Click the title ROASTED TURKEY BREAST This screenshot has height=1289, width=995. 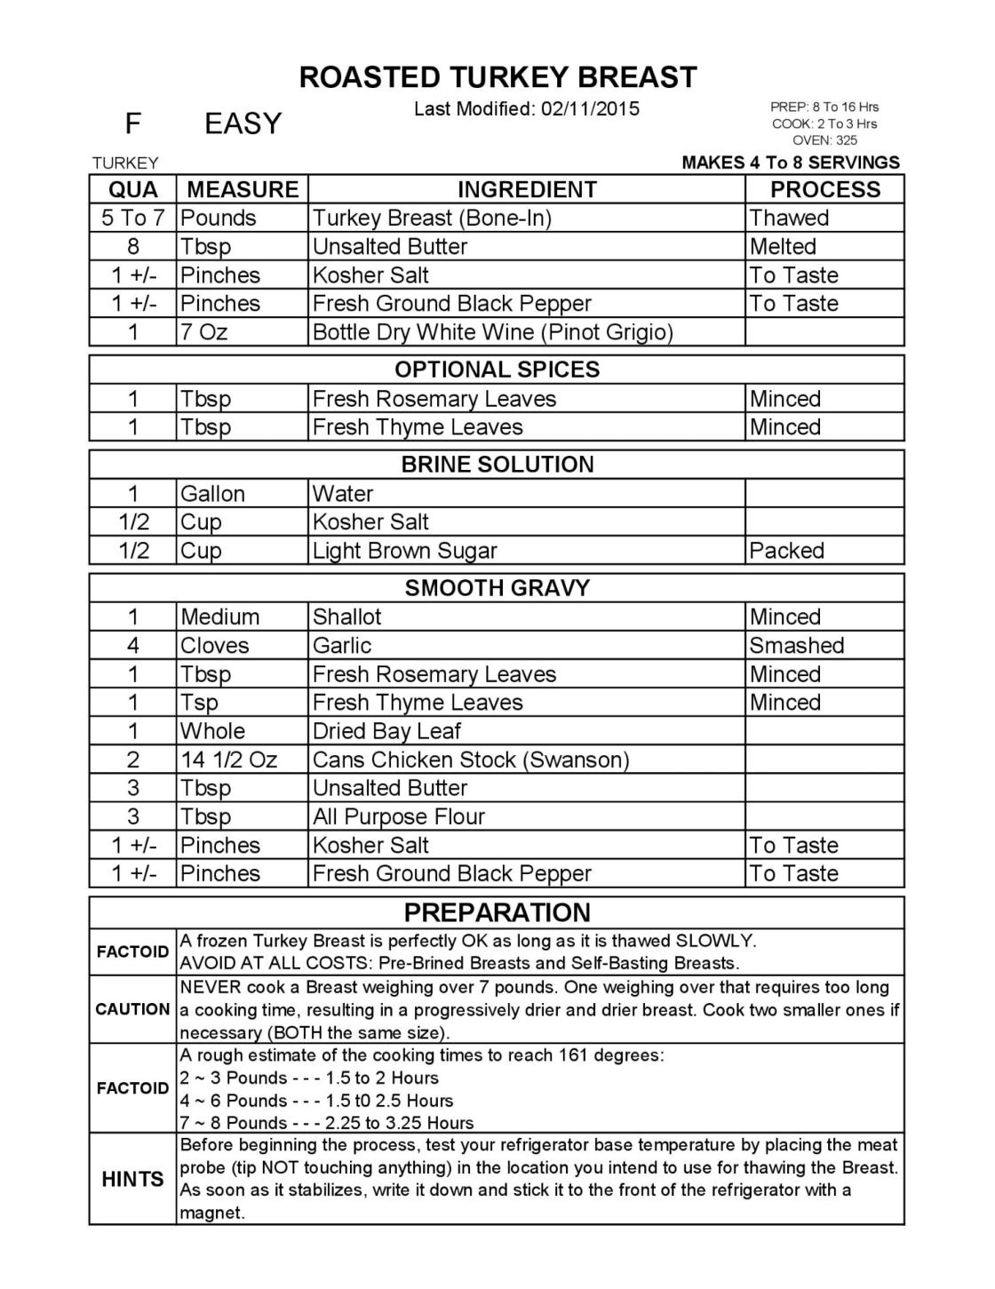pyautogui.click(x=497, y=77)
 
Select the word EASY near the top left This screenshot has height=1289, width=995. pyautogui.click(x=243, y=123)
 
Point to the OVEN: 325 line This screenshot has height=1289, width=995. pyautogui.click(x=824, y=140)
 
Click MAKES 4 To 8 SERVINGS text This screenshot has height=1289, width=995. pyautogui.click(x=790, y=163)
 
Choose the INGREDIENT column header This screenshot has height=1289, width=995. pyautogui.click(x=527, y=189)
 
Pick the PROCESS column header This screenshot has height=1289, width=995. pyautogui.click(x=824, y=189)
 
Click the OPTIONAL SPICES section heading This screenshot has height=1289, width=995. pyautogui.click(x=497, y=370)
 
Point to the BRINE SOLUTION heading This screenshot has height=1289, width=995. pyautogui.click(x=497, y=465)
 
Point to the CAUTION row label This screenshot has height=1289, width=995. pyautogui.click(x=132, y=1009)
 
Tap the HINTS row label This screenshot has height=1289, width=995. pyautogui.click(x=132, y=1179)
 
